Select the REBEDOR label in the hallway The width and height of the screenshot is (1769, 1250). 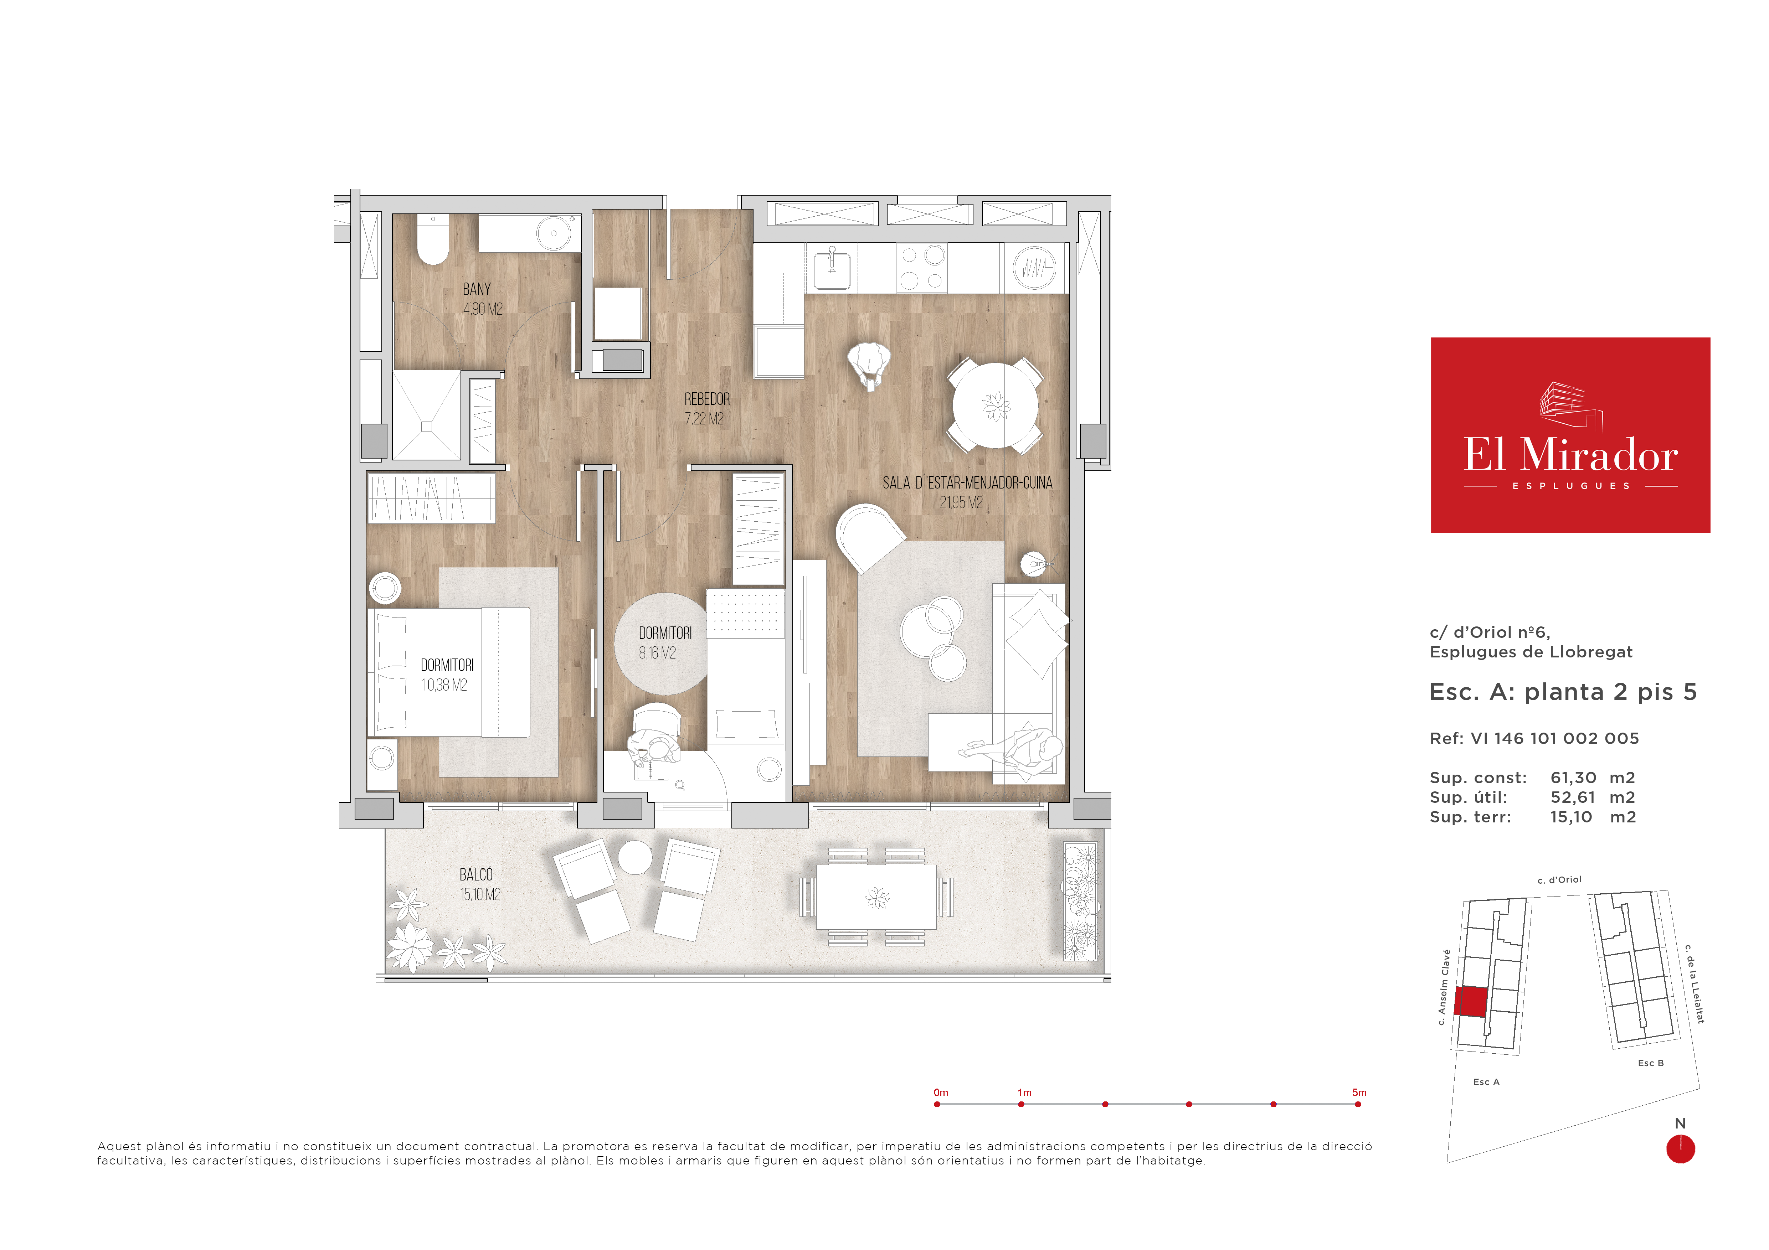tap(706, 399)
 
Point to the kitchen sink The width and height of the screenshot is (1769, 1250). tap(832, 267)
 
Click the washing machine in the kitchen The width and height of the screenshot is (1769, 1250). tap(1033, 267)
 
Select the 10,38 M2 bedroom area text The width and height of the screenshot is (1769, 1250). tap(444, 685)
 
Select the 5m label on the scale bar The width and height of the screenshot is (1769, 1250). tap(1359, 1092)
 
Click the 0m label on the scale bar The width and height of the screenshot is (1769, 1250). tap(941, 1092)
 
